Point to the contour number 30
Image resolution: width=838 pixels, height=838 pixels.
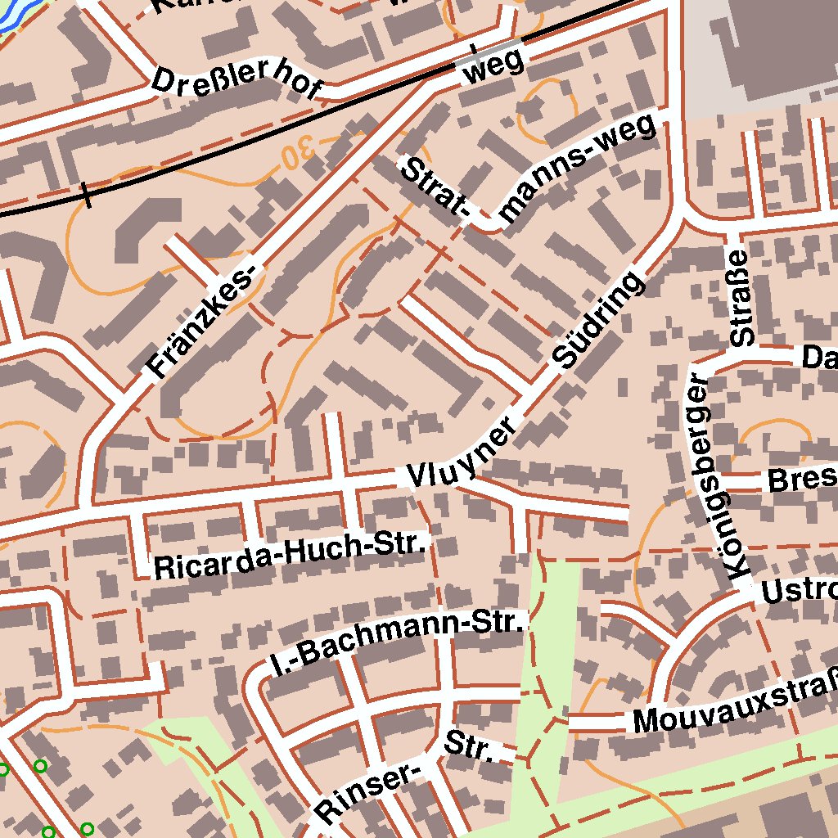pyautogui.click(x=299, y=152)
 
